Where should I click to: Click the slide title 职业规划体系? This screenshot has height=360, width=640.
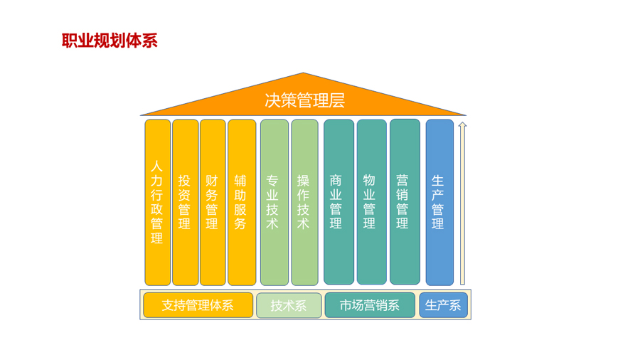[110, 41]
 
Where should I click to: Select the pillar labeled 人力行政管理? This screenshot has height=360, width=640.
[158, 203]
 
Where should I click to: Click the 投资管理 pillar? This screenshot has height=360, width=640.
[186, 203]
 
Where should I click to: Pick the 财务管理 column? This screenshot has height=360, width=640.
[213, 203]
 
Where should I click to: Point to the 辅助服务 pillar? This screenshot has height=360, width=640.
[242, 203]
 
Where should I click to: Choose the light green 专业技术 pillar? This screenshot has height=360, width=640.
[274, 203]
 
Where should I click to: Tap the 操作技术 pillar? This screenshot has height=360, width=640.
[304, 203]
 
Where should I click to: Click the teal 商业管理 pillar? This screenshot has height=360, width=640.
[338, 202]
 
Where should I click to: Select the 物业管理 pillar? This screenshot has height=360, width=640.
[371, 202]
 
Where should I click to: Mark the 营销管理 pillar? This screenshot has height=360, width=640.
[405, 201]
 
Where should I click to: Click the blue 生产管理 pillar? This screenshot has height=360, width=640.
[439, 203]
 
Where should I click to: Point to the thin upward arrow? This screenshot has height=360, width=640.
[462, 203]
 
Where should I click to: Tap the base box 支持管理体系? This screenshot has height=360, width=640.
[198, 305]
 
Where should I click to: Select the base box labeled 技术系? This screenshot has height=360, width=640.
[289, 305]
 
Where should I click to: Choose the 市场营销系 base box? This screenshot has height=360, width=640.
[370, 305]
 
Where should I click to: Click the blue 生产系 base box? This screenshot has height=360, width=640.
[443, 305]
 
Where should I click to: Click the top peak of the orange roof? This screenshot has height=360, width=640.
[303, 73]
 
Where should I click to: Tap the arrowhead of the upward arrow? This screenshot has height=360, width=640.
[462, 125]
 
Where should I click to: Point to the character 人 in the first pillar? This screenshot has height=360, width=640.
[156, 166]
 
